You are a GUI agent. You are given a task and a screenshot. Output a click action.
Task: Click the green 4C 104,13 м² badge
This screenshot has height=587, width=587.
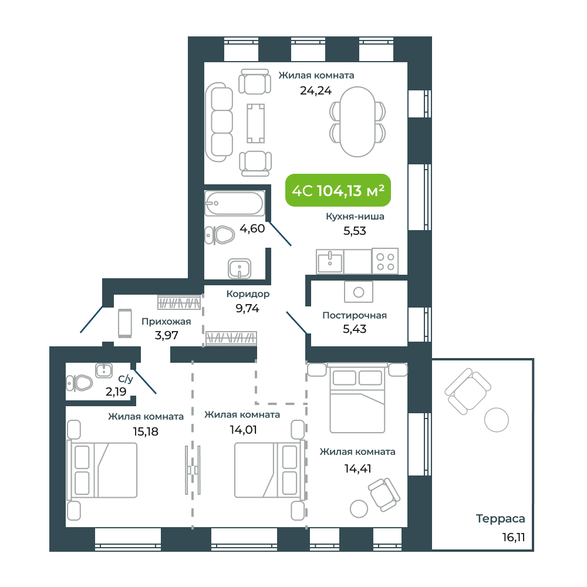coord(338,190)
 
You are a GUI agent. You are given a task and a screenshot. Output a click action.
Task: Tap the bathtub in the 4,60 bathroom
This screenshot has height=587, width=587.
coord(235,203)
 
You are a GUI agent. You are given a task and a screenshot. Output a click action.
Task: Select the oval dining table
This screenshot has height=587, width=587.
coord(357,122)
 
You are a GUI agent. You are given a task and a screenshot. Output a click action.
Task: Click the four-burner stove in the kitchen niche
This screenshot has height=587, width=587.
coord(385,261)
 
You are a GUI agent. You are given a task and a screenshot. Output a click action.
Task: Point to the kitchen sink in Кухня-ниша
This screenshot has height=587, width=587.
coord(330,261)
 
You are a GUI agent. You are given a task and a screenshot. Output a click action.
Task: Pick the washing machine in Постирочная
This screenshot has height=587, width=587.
coord(359,292)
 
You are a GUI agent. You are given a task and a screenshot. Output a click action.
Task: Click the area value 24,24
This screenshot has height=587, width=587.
coord(316,90)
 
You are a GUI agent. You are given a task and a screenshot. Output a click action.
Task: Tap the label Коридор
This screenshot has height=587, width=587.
coord(248,294)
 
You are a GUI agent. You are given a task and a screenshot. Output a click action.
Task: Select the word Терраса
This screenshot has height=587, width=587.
coord(501,518)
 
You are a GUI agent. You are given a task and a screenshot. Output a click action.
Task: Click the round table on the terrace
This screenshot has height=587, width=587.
coord(497,420)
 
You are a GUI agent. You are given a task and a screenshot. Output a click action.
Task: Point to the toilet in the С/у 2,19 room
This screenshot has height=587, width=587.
coord(79,383)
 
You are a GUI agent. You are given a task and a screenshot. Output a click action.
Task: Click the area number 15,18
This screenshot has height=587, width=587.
coord(146,431)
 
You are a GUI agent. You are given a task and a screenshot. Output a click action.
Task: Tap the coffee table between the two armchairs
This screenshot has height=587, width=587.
coord(256,123)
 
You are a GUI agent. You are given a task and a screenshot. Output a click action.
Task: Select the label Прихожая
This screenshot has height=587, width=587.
coord(166,322)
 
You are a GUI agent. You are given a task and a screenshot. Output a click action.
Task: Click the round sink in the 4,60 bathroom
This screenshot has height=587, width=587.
coord(239,268)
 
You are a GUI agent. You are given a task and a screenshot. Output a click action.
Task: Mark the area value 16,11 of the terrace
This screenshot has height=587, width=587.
coord(514,537)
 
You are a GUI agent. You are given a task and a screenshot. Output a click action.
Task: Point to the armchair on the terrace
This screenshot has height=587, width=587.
coord(468,391)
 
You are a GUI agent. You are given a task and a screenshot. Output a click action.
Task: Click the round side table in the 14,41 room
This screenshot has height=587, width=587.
coord(359,509)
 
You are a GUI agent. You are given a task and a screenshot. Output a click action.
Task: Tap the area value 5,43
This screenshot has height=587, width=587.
coord(355,329)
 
